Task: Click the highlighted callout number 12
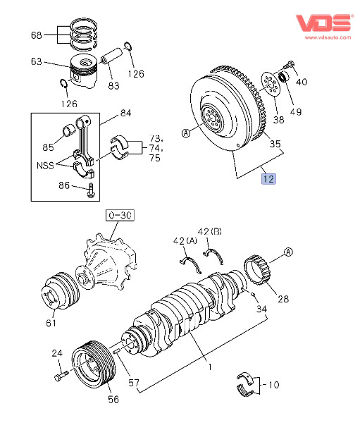coord(268,179)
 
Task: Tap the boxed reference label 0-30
coord(120,215)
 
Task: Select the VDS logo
coord(323,23)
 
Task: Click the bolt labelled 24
coord(61,376)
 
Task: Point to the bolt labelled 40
coord(288,66)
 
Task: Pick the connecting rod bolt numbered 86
coord(90,190)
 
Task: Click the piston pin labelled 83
coord(111,56)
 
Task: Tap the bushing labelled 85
coord(69,130)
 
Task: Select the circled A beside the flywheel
coord(186,133)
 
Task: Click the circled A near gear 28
coord(288,252)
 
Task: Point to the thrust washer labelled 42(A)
coord(191,264)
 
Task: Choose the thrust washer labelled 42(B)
coord(214,256)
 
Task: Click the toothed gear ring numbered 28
coord(258,271)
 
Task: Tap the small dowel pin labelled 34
coord(253,294)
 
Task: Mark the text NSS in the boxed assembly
coord(45,166)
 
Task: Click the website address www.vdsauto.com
coord(328,37)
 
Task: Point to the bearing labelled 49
coord(283,77)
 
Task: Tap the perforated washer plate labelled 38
coord(271,84)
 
